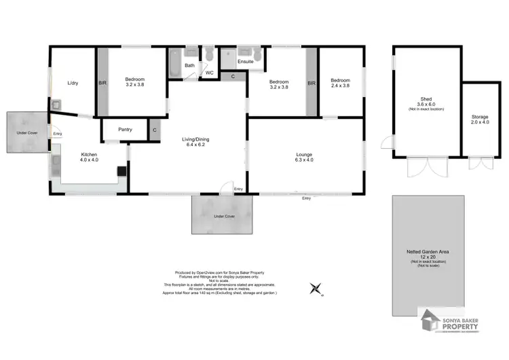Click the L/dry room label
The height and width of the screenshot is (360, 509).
click(73, 83)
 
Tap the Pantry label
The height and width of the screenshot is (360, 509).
click(125, 129)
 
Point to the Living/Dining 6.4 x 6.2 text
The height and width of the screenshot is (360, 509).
click(195, 142)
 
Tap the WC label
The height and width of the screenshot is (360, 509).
click(210, 72)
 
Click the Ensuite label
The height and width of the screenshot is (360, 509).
click(246, 62)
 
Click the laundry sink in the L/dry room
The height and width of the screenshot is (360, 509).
click(56, 105)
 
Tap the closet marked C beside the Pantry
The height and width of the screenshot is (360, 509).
click(155, 129)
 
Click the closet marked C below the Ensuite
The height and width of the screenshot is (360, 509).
click(233, 76)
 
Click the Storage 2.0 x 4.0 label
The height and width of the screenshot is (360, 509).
click(480, 120)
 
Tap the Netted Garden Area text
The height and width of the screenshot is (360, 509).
click(428, 254)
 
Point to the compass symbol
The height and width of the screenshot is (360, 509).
click(315, 290)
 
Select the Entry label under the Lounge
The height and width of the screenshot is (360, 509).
click(307, 198)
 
